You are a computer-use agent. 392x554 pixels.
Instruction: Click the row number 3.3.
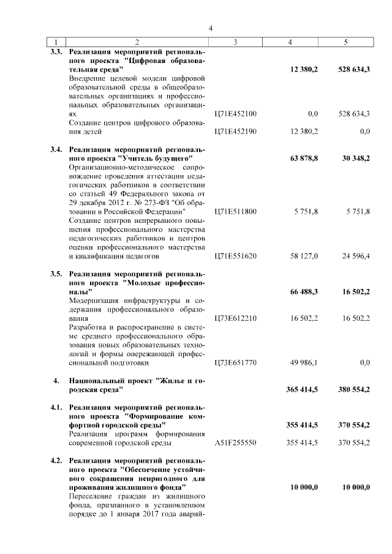coord(56,53)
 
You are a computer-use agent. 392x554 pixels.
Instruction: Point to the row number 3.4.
coord(56,149)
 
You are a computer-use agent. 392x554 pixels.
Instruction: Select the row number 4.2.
coord(56,459)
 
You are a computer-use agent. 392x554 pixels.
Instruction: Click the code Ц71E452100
coord(236,114)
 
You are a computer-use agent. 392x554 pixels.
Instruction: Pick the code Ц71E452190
coord(236,131)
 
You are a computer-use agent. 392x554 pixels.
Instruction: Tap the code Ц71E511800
coord(236,211)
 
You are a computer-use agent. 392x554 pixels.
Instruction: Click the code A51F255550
coord(236,442)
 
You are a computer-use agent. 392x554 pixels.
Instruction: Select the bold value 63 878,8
coord(303,159)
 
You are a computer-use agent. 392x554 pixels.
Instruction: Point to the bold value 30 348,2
coord(354,159)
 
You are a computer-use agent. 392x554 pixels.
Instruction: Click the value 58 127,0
coord(304,255)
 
